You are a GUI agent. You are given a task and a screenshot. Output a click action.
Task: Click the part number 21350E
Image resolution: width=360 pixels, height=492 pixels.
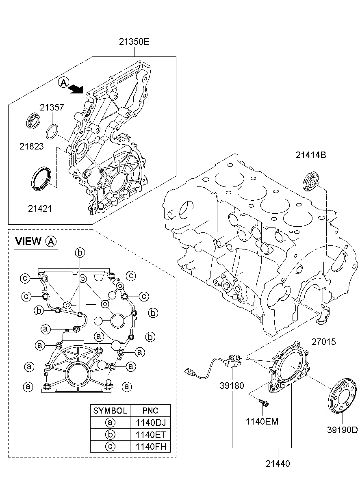135,41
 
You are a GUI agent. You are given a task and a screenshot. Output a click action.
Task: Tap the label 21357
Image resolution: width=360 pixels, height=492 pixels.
52,107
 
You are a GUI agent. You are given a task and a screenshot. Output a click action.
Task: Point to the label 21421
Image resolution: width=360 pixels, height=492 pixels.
40,208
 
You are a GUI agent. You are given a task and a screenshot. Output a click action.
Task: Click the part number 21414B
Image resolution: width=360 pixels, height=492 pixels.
311,155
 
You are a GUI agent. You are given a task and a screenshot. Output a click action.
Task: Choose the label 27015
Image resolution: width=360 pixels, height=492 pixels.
324,342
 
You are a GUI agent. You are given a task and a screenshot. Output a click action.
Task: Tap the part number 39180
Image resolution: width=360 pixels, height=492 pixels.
232,386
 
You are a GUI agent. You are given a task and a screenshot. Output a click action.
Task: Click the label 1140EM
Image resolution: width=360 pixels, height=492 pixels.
262,421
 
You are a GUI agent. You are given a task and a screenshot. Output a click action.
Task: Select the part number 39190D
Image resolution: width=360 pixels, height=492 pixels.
343,430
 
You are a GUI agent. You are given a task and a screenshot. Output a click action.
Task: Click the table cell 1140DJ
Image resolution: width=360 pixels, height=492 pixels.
151,423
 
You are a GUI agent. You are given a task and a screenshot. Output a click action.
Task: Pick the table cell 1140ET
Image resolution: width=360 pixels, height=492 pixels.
151,434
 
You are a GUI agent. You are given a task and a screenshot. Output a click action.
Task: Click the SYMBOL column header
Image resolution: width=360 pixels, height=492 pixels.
110,410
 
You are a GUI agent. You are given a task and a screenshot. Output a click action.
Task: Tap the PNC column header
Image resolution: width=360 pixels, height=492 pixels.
151,410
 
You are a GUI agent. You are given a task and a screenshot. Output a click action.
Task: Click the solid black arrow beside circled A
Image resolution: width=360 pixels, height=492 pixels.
76,88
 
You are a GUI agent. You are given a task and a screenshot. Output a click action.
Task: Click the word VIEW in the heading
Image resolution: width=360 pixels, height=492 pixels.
28,241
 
